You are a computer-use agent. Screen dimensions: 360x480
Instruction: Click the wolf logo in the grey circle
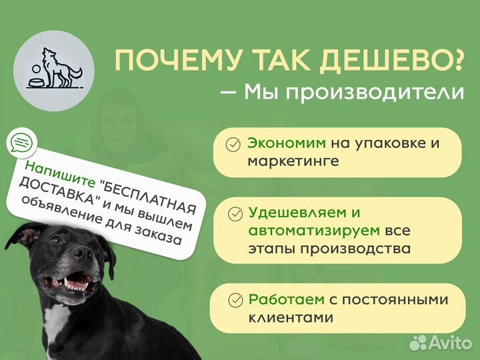[53, 68]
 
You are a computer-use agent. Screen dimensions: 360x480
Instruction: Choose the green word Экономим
[287, 143]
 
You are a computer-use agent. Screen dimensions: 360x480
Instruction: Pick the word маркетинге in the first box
[293, 161]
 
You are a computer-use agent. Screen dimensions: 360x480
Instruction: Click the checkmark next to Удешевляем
[235, 214]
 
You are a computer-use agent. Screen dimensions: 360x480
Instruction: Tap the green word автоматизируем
[314, 231]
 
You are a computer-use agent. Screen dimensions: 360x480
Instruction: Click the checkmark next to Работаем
[234, 301]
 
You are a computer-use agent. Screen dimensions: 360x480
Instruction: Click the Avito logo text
[449, 343]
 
